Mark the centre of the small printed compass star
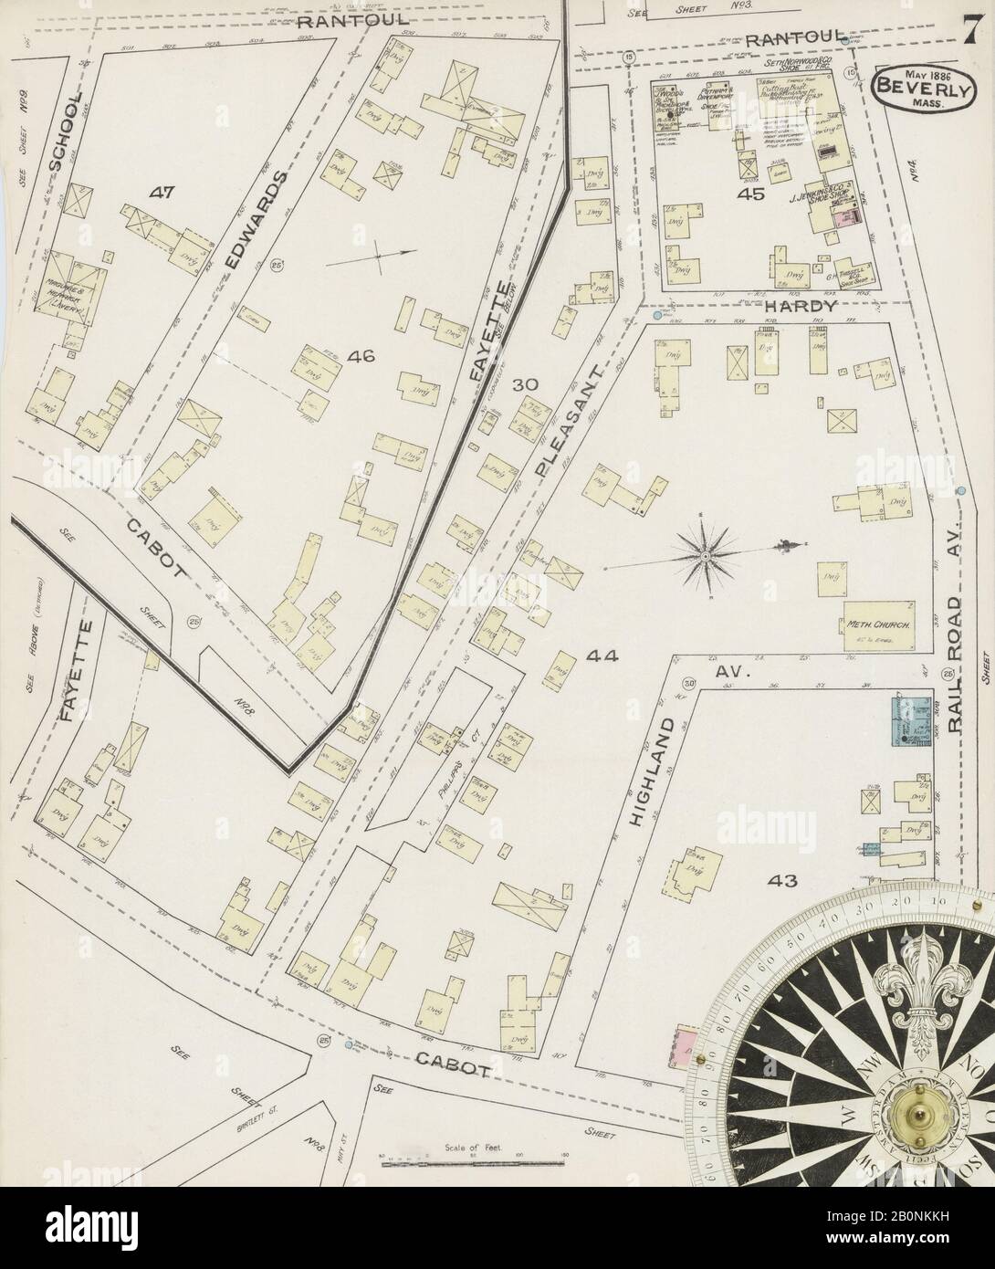coord(706,554)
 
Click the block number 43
coord(782,881)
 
